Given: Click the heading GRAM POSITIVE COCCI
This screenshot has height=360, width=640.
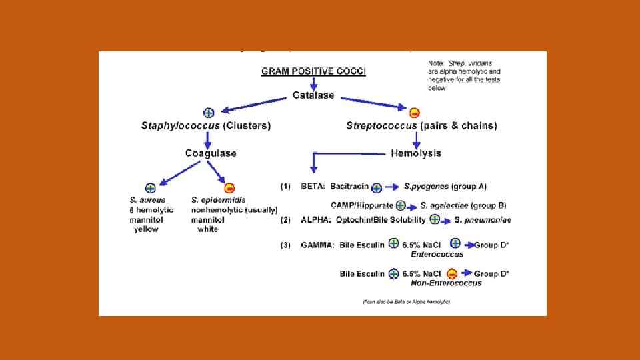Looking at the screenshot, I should (x=313, y=71).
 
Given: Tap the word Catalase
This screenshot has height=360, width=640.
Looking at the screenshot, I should (x=313, y=95).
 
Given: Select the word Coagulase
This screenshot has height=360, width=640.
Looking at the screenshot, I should (x=211, y=153).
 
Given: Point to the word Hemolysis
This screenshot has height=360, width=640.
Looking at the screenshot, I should (x=415, y=153).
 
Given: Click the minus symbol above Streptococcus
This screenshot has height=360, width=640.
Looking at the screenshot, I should (x=415, y=112).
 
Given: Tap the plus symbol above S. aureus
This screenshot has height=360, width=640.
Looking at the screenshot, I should (x=151, y=187).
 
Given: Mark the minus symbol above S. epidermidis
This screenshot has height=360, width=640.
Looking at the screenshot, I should (x=229, y=187).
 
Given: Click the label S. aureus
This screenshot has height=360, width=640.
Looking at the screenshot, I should (x=147, y=199).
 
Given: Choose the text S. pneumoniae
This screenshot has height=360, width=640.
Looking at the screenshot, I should (x=481, y=220).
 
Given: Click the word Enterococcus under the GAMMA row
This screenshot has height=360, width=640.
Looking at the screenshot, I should (x=437, y=254).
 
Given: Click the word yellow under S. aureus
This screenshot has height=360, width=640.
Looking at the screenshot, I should (x=146, y=229).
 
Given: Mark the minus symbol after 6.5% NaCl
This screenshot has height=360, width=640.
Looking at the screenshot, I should (x=452, y=273).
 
